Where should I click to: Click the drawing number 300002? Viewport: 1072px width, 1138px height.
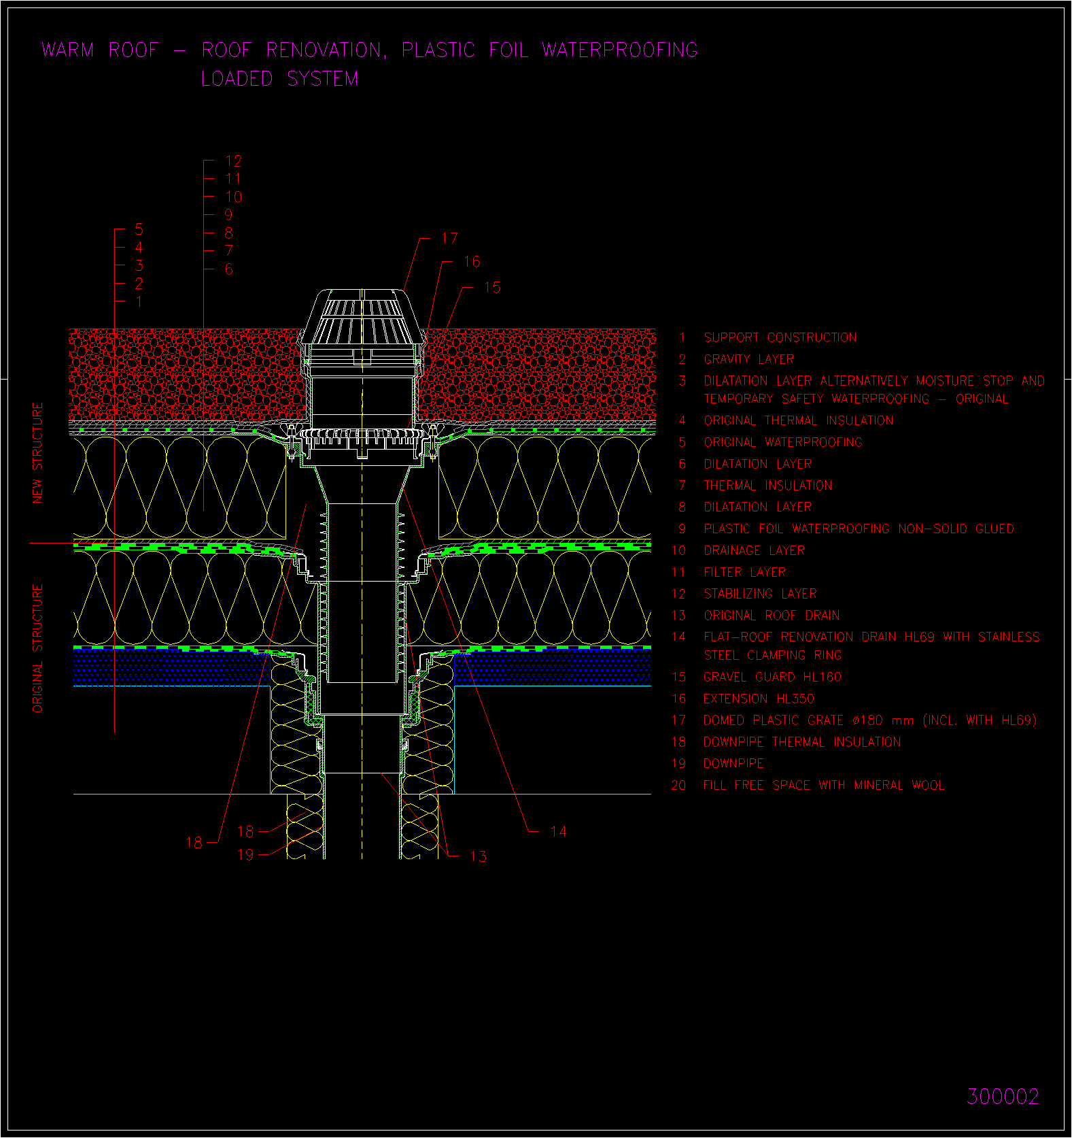click(x=1003, y=1097)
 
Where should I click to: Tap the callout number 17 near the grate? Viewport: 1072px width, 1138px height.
click(x=449, y=239)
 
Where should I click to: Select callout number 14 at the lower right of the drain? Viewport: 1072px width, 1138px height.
click(x=558, y=831)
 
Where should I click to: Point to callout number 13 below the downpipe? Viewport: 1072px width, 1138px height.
click(x=478, y=856)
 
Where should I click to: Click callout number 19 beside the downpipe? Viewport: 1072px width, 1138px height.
click(x=245, y=854)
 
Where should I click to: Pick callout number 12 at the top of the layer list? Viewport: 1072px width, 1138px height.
click(x=233, y=161)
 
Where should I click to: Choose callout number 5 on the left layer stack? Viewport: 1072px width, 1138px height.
click(x=139, y=229)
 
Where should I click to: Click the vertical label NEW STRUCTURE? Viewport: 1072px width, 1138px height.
click(x=37, y=453)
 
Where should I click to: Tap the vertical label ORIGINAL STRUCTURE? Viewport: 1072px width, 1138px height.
click(x=37, y=648)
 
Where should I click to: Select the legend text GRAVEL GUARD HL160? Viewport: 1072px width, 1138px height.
click(x=772, y=677)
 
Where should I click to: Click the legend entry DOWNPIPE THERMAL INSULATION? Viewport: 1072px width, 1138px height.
click(x=802, y=742)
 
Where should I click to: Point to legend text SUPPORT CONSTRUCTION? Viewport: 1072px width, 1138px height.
click(x=780, y=337)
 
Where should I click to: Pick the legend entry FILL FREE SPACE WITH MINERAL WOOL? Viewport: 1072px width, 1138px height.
click(x=824, y=785)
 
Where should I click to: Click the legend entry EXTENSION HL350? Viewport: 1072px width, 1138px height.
click(x=759, y=699)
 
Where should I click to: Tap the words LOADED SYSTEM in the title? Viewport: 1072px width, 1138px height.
click(x=280, y=79)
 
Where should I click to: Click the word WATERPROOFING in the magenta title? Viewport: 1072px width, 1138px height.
click(x=620, y=50)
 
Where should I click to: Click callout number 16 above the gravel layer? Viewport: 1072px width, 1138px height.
click(x=472, y=262)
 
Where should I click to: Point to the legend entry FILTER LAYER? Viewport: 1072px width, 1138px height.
click(x=744, y=572)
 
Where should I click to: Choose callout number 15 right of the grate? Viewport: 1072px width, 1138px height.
click(x=492, y=288)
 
